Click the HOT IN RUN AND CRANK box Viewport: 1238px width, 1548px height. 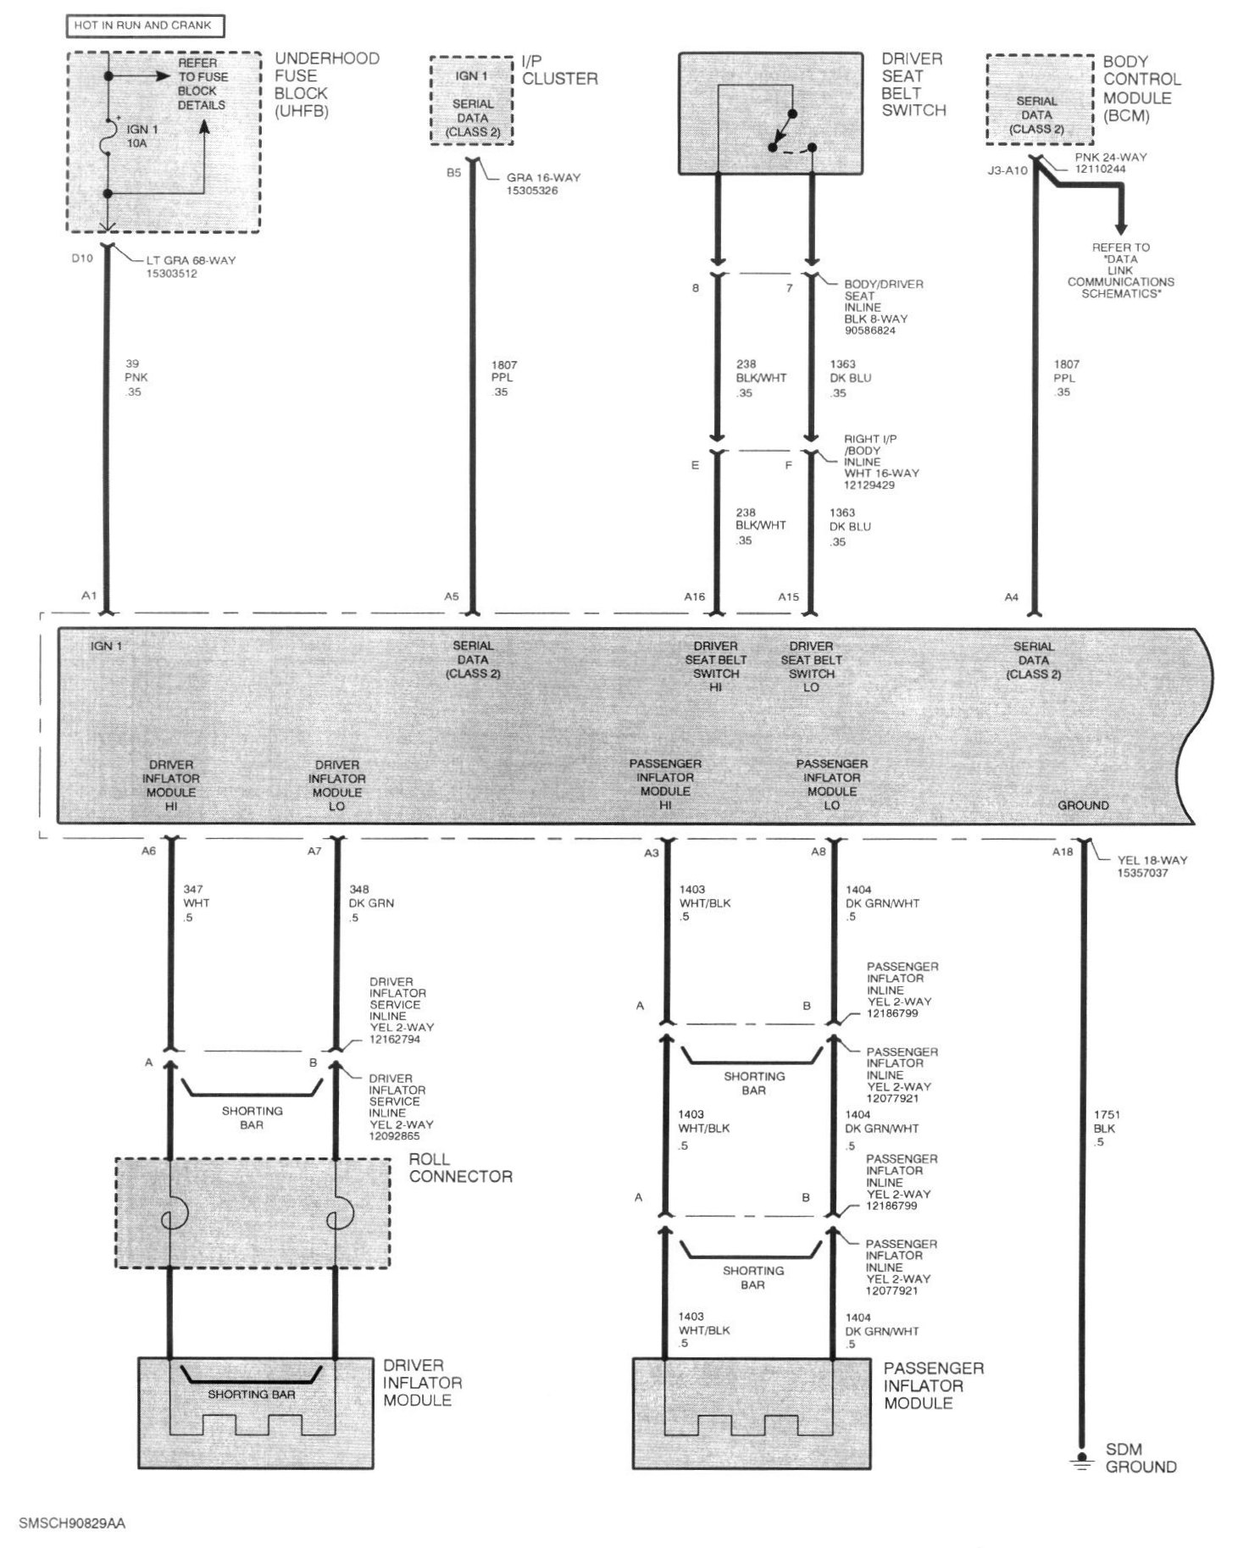[x=145, y=25]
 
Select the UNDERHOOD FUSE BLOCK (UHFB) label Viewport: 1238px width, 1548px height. [x=326, y=85]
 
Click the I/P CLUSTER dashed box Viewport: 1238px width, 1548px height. [x=471, y=100]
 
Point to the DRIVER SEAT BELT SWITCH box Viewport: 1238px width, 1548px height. [x=770, y=114]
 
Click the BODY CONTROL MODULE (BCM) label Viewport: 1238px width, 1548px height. [x=1141, y=89]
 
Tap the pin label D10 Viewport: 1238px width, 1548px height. [x=82, y=258]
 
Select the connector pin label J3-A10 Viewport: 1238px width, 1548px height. [x=1007, y=170]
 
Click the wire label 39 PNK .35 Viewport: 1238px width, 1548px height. [x=132, y=378]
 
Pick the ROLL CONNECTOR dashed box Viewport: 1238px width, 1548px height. [x=253, y=1212]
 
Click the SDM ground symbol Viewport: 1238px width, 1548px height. [x=1081, y=1461]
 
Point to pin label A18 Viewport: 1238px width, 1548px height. [x=1062, y=852]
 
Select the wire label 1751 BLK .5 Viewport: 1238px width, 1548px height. [x=1105, y=1129]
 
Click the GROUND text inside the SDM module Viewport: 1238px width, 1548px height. [x=1083, y=805]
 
